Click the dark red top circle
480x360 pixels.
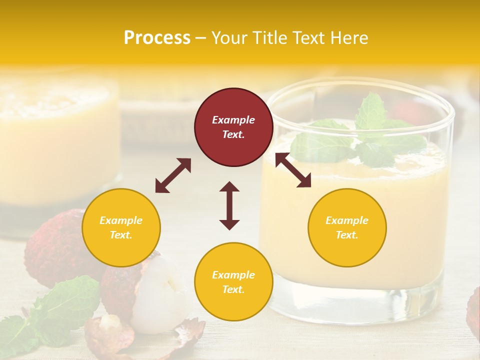pyautogui.click(x=233, y=127)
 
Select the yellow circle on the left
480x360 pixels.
pyautogui.click(x=121, y=227)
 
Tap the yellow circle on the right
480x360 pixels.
pyautogui.click(x=347, y=227)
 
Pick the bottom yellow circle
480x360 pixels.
pyautogui.click(x=233, y=281)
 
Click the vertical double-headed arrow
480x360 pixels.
pyautogui.click(x=229, y=205)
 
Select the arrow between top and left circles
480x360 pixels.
pyautogui.click(x=173, y=175)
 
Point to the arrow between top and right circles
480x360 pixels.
pyautogui.click(x=293, y=170)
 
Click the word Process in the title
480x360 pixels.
pyautogui.click(x=157, y=38)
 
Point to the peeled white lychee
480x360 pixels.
pyautogui.click(x=160, y=290)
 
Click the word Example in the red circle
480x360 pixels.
pyautogui.click(x=233, y=120)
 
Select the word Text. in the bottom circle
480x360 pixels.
pyautogui.click(x=233, y=289)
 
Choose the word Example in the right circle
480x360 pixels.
pyautogui.click(x=347, y=220)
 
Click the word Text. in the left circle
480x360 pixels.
pyautogui.click(x=121, y=235)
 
